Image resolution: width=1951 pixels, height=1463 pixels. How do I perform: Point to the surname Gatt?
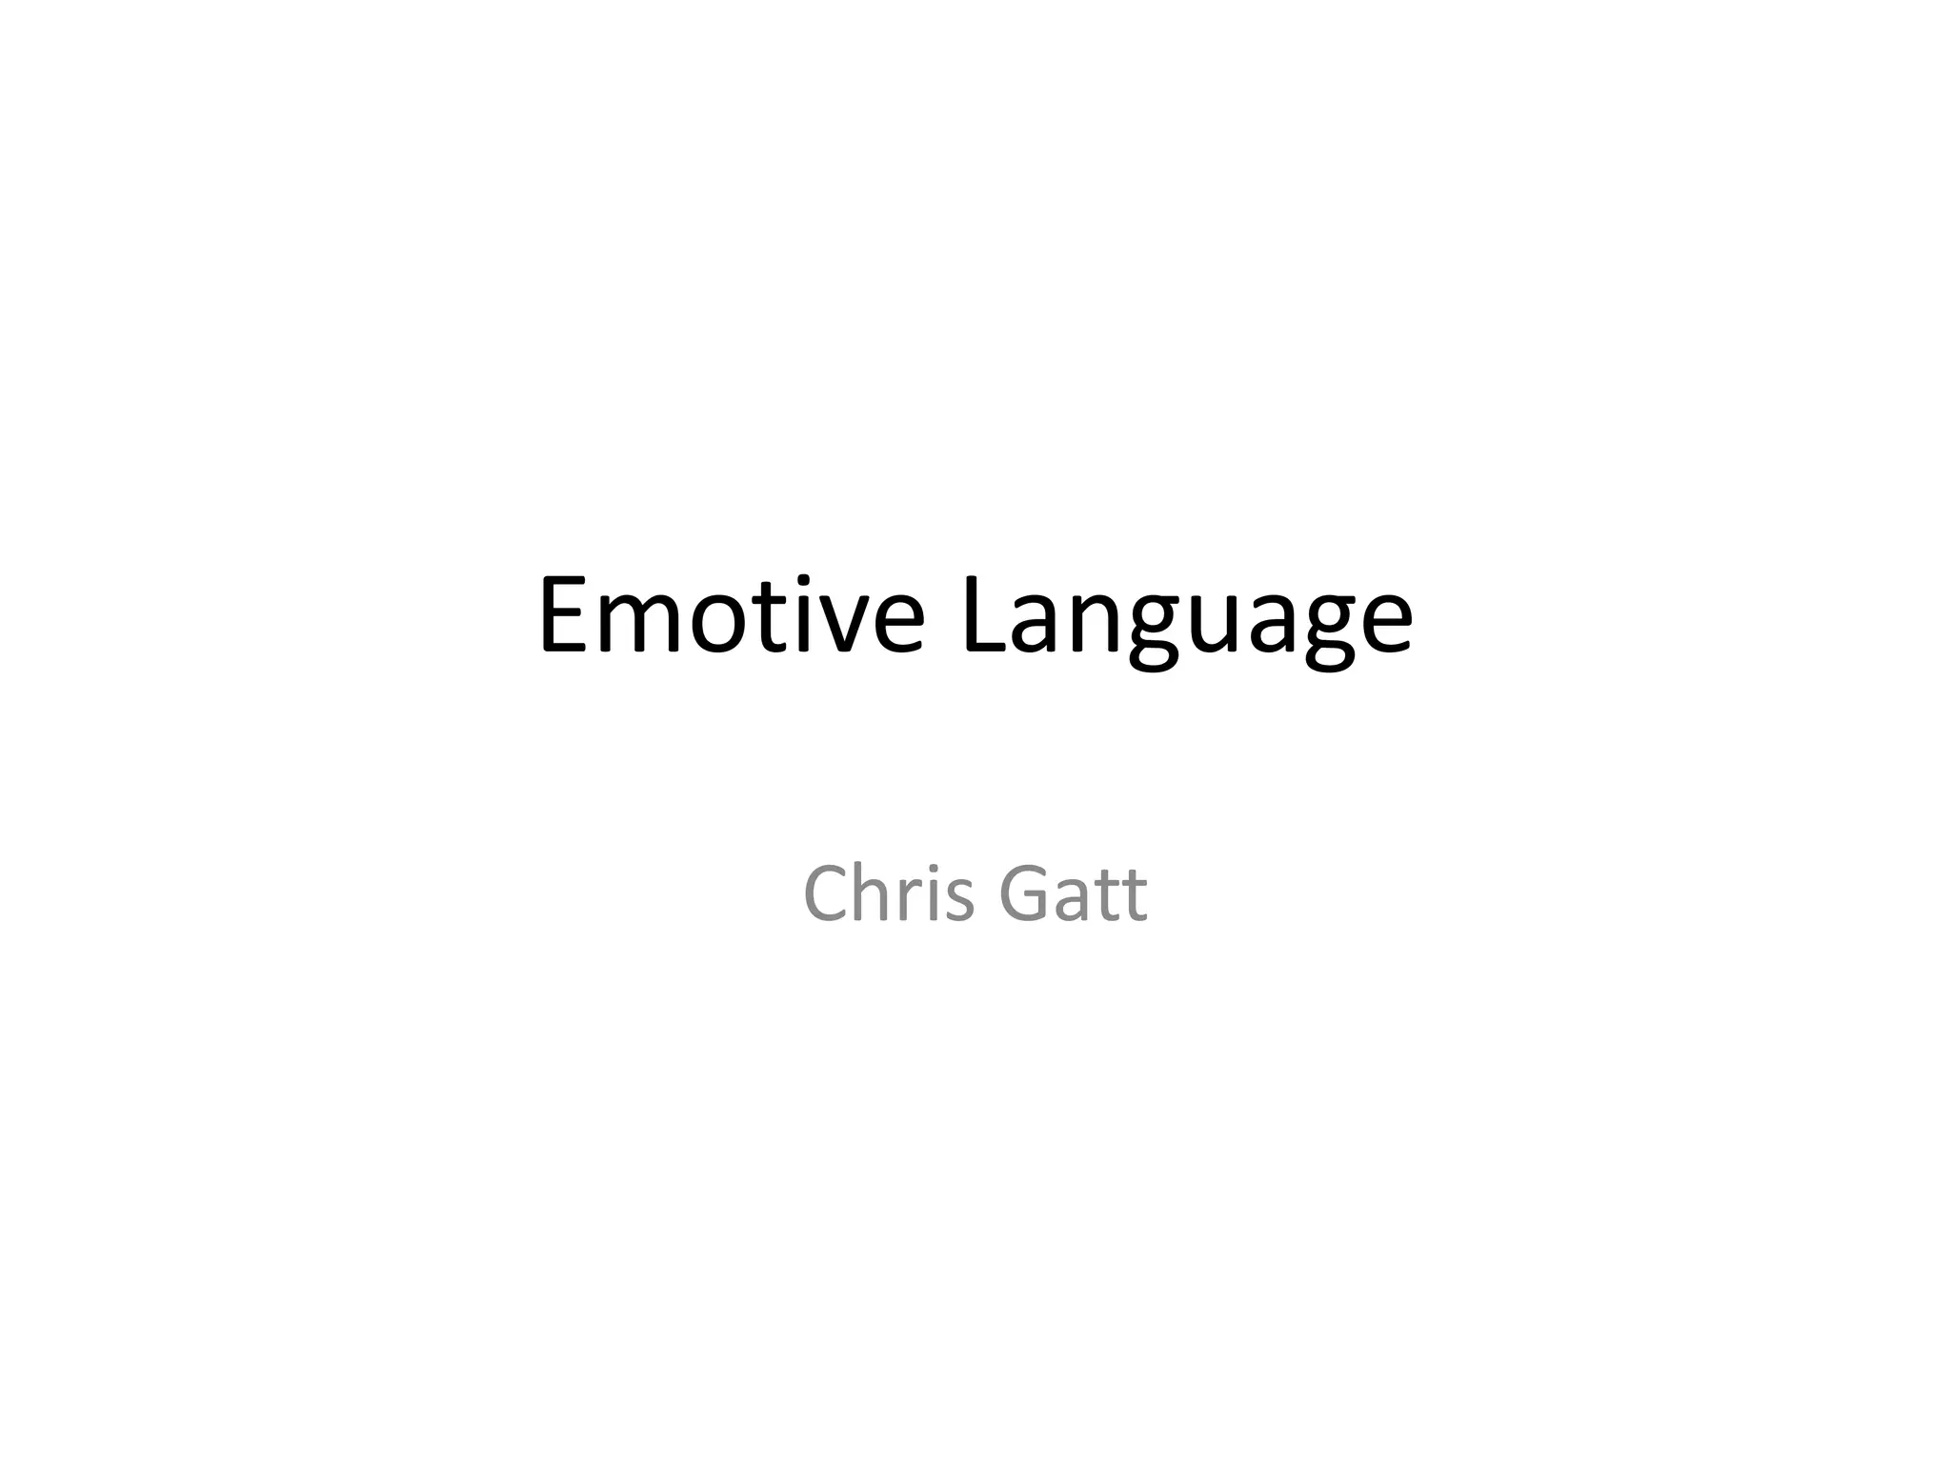pyautogui.click(x=1073, y=893)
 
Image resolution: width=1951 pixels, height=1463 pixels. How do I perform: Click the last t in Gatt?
pyautogui.click(x=1135, y=896)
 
